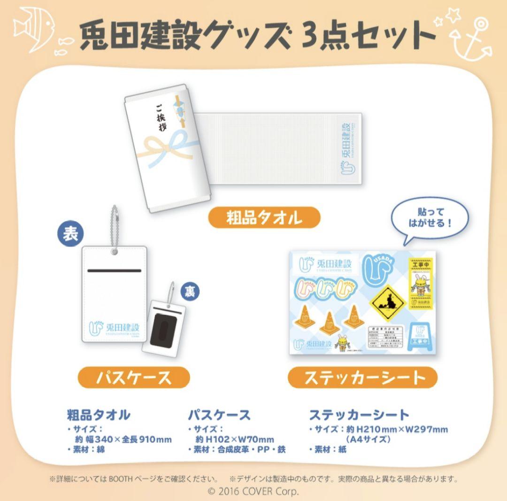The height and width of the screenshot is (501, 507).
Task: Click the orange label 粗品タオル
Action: [264, 218]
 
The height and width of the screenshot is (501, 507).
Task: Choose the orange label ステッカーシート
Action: [362, 378]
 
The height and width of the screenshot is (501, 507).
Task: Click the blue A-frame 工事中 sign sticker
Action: [421, 338]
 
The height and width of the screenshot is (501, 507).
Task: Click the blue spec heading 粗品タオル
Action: [98, 415]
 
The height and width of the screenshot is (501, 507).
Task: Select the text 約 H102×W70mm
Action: [234, 439]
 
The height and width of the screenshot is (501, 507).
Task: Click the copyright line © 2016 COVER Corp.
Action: [253, 492]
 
